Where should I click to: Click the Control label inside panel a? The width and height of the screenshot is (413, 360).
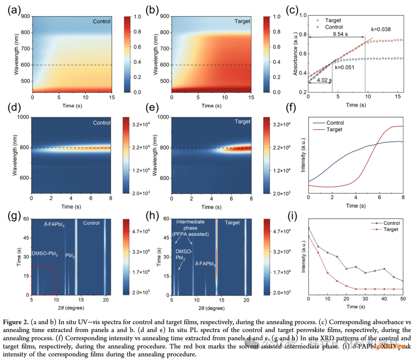pyautogui.click(x=101, y=21)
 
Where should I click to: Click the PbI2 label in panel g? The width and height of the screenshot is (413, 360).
pyautogui.click(x=70, y=255)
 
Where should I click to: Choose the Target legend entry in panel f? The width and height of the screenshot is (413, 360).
pyautogui.click(x=334, y=130)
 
